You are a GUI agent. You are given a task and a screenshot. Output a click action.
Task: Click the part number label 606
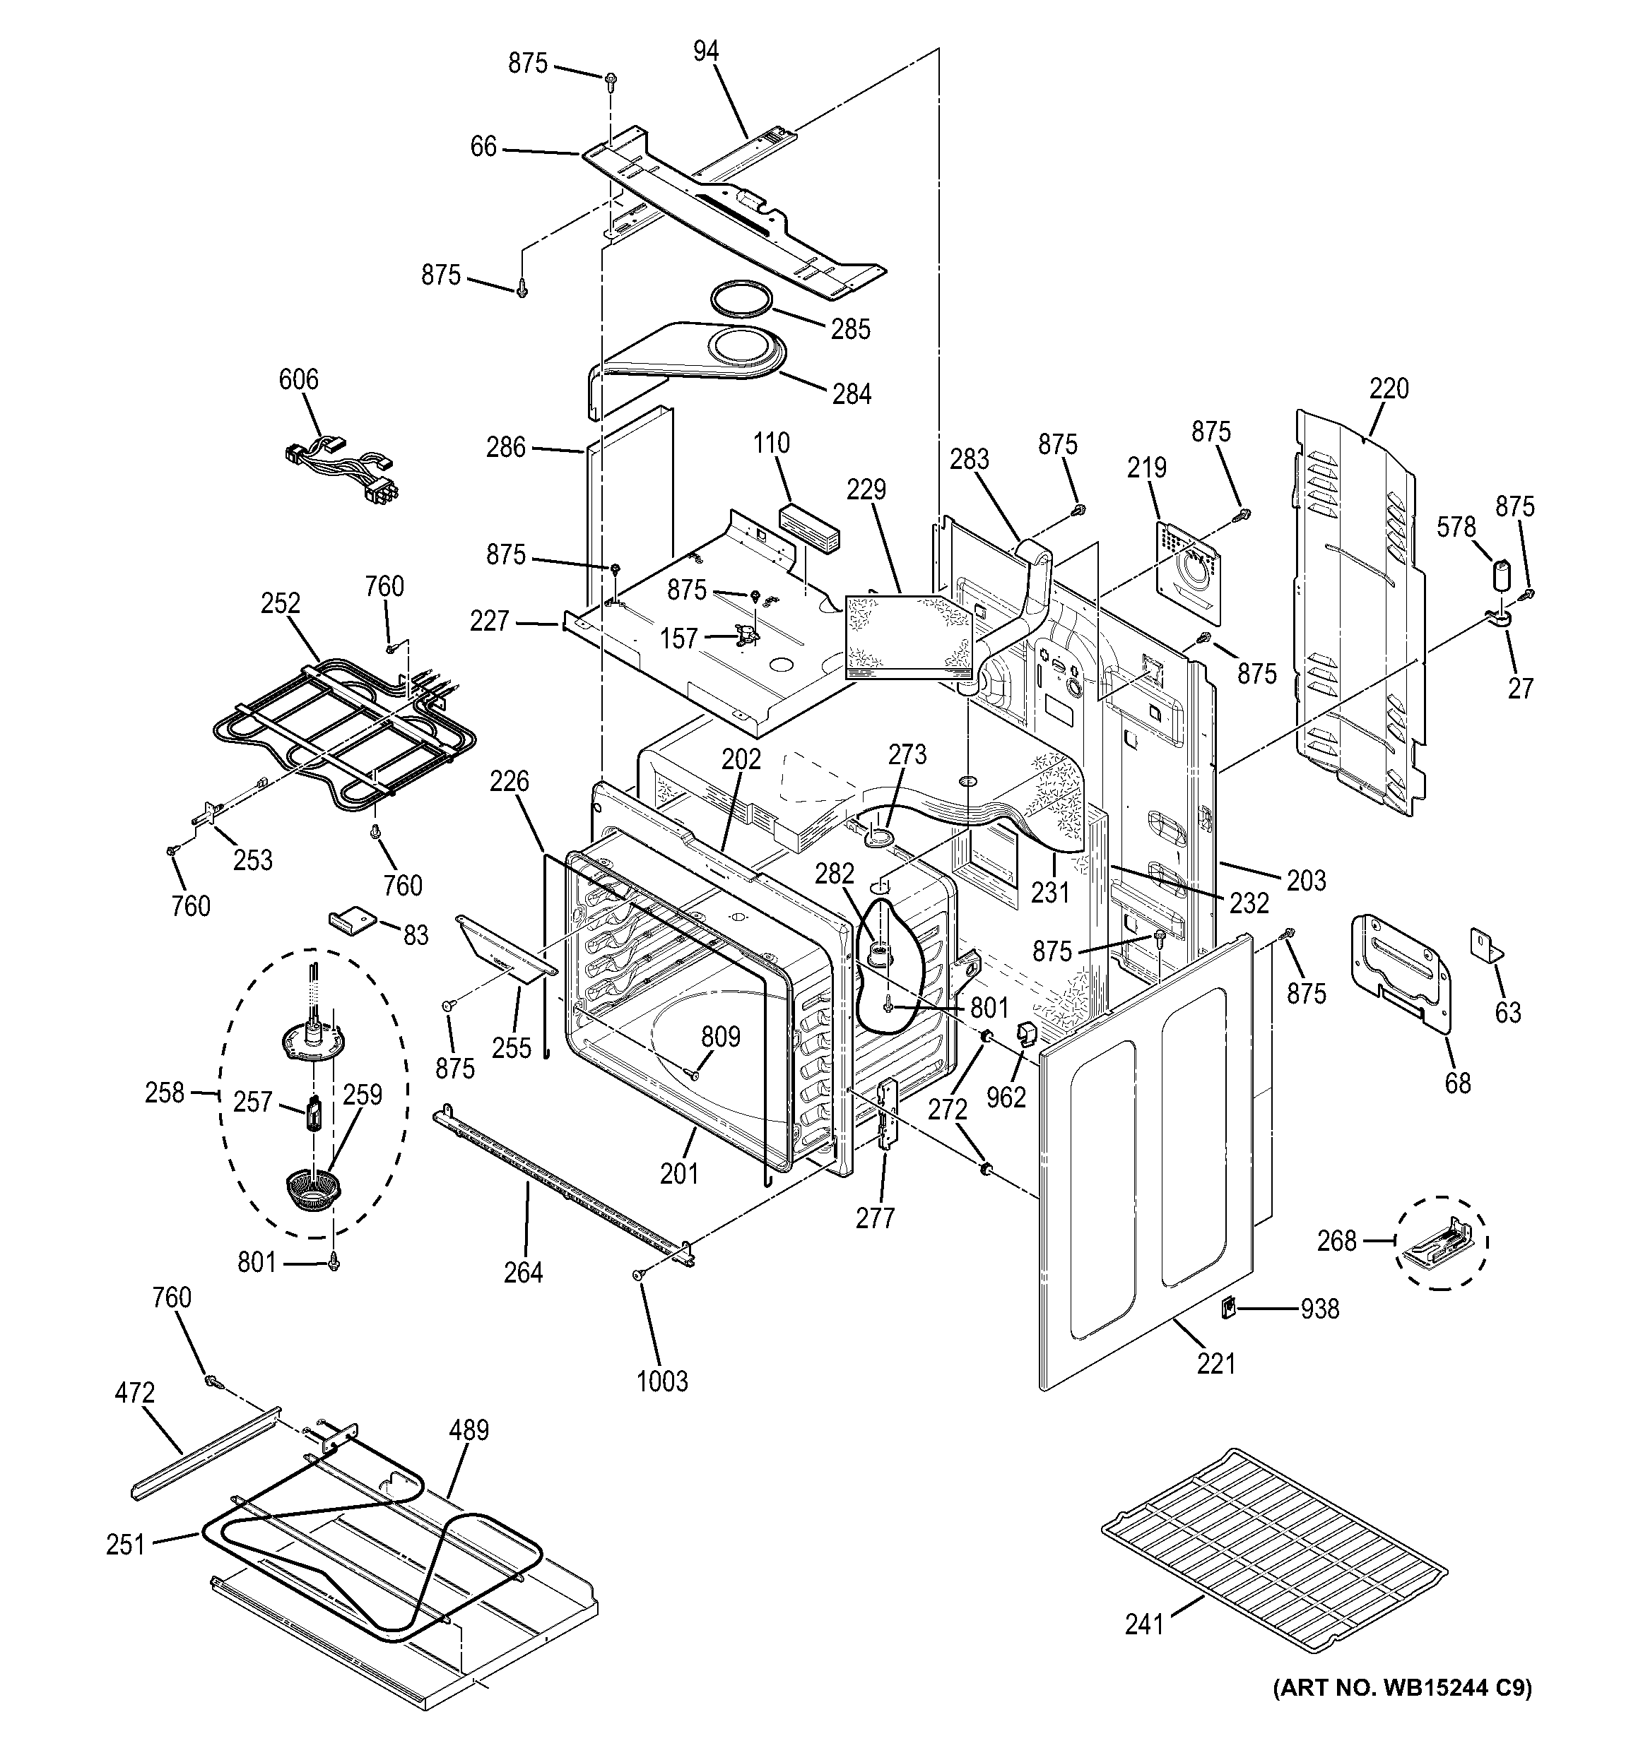[x=298, y=380]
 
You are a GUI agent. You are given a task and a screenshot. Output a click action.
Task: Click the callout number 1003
[x=661, y=1381]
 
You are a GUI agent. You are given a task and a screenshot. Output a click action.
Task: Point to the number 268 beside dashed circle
[x=1337, y=1242]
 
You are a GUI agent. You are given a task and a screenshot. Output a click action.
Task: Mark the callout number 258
[x=165, y=1093]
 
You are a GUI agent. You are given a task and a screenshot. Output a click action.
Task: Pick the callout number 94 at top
[x=705, y=52]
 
